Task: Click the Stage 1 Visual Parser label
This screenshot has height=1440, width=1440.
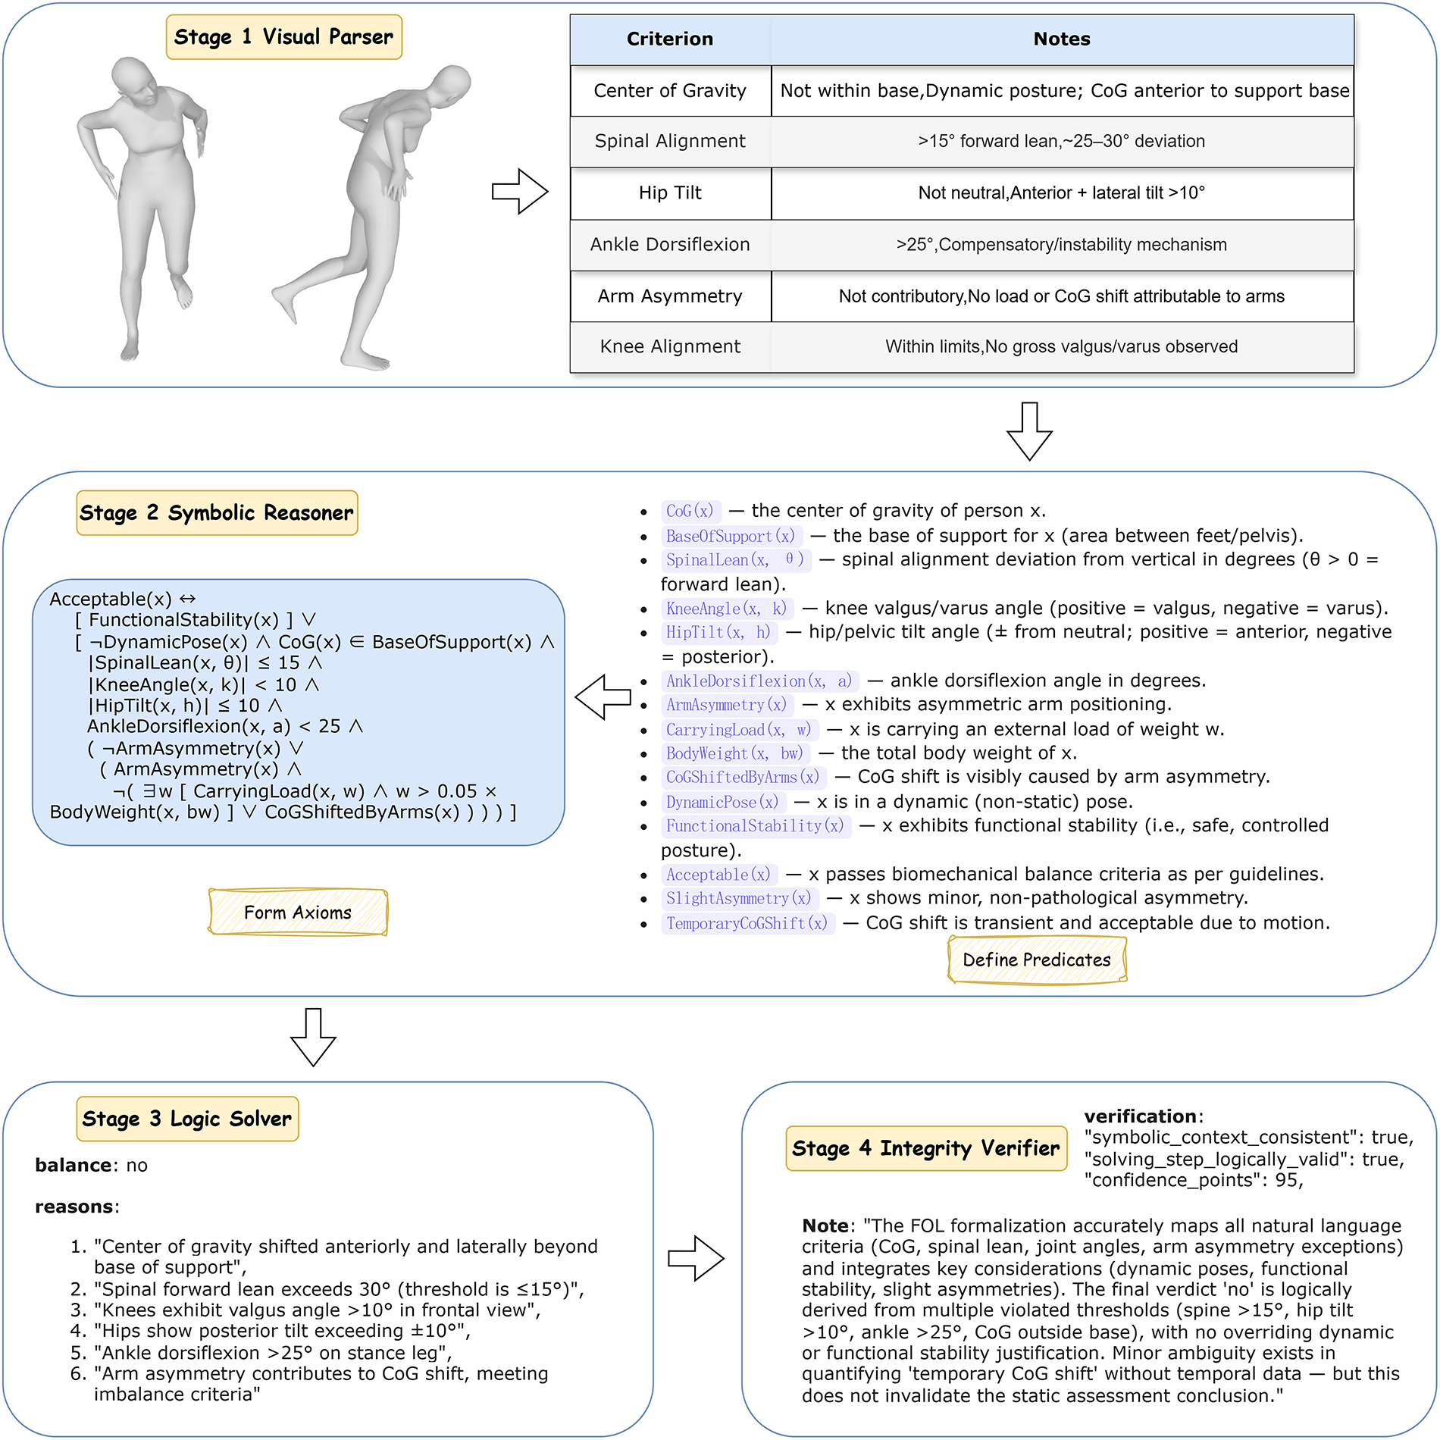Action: coord(284,37)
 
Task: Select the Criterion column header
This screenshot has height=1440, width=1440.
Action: coord(670,39)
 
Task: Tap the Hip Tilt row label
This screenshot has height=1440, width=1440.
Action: coord(670,193)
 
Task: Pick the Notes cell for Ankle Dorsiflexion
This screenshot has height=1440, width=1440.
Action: coord(1062,245)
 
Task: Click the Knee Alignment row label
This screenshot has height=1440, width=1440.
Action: coord(670,347)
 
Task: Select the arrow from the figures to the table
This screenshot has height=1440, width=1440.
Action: coord(520,192)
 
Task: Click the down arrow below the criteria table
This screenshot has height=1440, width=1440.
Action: coord(1029,431)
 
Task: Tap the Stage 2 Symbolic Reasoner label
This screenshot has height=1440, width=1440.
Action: coord(217,513)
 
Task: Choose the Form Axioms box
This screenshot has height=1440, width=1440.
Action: coord(298,913)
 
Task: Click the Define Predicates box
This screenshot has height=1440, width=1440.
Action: coord(1037,960)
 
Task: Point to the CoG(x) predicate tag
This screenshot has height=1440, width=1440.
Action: coord(690,512)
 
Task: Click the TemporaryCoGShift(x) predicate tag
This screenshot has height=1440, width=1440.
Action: coord(747,924)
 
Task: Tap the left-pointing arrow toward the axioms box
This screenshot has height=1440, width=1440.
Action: coord(603,697)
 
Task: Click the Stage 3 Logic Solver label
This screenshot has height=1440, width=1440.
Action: coord(187,1119)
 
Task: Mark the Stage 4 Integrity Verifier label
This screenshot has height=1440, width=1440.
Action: coord(926,1148)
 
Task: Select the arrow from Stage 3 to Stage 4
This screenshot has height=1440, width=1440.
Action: coord(696,1259)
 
